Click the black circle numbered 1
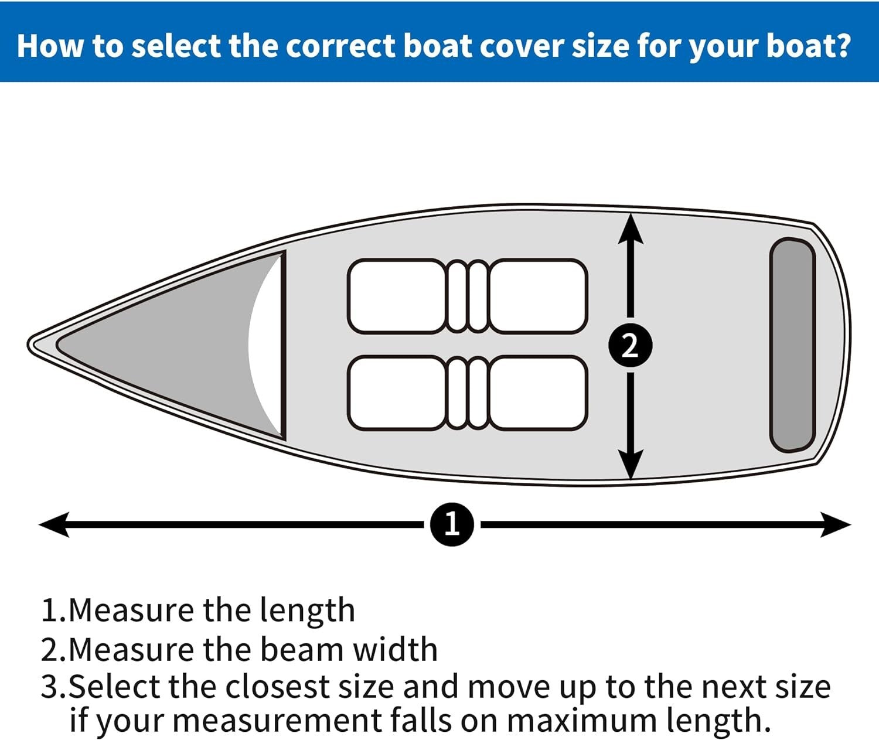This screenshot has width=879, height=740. tap(452, 524)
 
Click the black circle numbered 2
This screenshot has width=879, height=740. tap(630, 346)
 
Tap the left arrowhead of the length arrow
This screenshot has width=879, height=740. tap(54, 524)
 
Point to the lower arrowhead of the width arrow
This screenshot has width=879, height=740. tap(631, 464)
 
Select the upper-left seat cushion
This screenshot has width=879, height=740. tap(397, 296)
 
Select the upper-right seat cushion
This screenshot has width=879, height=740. tap(538, 296)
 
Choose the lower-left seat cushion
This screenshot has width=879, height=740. tap(397, 393)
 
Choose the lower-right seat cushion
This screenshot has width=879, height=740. tap(538, 393)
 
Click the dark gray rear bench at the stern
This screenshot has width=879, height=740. tap(792, 345)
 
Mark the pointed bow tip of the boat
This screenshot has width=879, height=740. tap(32, 345)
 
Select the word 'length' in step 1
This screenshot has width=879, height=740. tap(307, 611)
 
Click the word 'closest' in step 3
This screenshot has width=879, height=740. tap(278, 687)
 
